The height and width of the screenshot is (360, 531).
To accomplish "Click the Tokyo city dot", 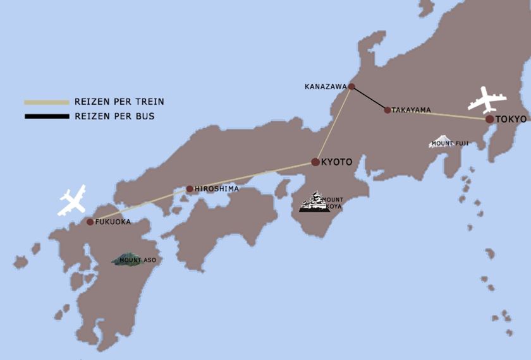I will (x=490, y=119).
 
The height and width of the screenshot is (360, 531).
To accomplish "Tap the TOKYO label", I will (x=511, y=119).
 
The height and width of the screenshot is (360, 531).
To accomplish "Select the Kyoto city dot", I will (x=315, y=162).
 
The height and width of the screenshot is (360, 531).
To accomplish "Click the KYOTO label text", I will (x=337, y=162).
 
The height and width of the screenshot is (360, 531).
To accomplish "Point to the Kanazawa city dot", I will (x=351, y=87).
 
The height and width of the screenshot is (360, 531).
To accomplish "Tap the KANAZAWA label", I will (x=325, y=86).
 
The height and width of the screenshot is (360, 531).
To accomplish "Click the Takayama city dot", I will (x=388, y=110).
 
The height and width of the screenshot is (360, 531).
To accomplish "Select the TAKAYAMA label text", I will (x=411, y=110).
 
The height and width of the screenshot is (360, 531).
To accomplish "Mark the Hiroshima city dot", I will (x=190, y=189).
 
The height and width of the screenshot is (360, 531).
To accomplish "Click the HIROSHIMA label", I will (x=217, y=189).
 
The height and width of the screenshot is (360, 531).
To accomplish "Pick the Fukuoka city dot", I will (x=90, y=222).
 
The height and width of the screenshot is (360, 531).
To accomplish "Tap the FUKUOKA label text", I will (x=113, y=222).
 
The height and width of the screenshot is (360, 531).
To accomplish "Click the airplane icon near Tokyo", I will (x=487, y=100).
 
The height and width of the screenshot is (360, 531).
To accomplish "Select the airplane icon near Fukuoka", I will (x=72, y=201).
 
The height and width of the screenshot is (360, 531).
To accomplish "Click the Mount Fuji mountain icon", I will (x=441, y=141).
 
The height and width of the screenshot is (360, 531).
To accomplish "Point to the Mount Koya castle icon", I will (x=315, y=203).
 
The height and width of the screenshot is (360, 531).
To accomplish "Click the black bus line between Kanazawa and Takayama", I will (x=370, y=99).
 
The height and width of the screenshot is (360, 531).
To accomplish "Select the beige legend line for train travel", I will (x=47, y=102).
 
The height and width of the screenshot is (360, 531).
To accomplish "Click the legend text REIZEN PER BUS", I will (x=114, y=116).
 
